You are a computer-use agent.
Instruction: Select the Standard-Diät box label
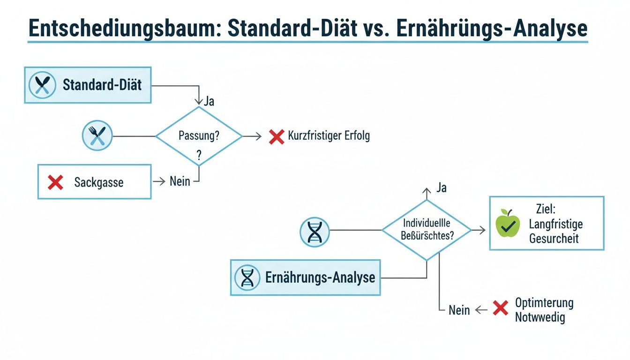click(102, 85)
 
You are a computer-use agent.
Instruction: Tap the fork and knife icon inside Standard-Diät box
click(43, 85)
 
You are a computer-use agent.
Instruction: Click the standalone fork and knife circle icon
click(97, 136)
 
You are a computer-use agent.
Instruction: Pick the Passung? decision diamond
click(199, 136)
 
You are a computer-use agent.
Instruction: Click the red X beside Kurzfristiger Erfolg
click(277, 136)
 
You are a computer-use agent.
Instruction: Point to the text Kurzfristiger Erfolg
click(329, 136)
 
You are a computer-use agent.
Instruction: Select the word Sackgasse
click(98, 182)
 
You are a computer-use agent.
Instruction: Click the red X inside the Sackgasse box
click(56, 182)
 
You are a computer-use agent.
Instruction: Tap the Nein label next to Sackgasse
click(180, 181)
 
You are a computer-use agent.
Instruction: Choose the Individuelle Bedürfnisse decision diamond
click(426, 230)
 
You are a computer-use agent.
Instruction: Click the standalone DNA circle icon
click(315, 231)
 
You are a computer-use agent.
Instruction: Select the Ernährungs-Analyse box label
click(320, 277)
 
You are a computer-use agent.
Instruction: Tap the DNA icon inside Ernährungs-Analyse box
click(247, 277)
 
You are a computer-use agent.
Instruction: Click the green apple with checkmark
click(508, 224)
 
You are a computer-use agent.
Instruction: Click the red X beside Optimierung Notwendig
click(501, 308)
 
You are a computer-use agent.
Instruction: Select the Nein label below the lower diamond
click(459, 310)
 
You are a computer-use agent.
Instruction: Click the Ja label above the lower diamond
click(441, 188)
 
